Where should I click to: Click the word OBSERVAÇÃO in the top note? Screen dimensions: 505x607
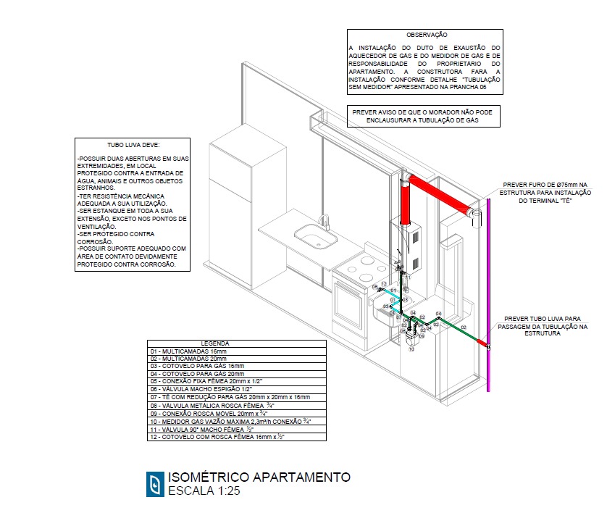426,34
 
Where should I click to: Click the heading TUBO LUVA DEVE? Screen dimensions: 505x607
132,145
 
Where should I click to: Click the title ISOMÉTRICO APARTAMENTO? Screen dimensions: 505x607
259,477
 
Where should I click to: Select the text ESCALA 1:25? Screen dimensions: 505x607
204,491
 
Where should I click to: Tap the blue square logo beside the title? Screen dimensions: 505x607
154,483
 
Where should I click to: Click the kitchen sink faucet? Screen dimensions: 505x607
325,222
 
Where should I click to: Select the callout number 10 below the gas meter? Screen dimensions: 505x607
410,349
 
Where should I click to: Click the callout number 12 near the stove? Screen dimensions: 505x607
385,283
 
